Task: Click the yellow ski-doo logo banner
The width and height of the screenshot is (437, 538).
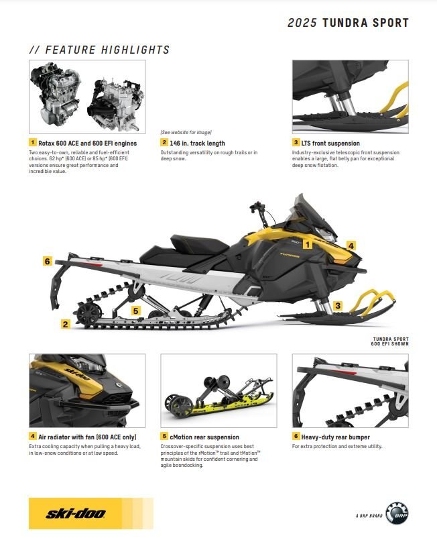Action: [91, 513]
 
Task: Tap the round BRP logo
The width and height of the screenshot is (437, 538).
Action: [397, 513]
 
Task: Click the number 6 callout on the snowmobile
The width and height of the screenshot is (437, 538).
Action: [48, 261]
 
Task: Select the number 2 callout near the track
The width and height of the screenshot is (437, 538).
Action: [65, 323]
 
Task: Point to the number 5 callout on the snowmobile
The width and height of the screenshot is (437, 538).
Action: [136, 311]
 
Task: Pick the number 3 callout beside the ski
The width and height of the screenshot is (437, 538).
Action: [338, 305]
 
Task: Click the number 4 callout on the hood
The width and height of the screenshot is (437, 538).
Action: [351, 246]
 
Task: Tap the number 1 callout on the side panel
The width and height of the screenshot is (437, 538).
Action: [308, 244]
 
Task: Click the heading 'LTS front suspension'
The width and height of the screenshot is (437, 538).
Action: [330, 143]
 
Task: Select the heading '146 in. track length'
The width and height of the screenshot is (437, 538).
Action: [198, 143]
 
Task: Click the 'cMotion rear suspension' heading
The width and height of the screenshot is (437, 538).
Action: [204, 437]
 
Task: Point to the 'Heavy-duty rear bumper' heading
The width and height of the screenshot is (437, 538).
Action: [335, 437]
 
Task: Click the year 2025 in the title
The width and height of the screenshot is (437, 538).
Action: [302, 23]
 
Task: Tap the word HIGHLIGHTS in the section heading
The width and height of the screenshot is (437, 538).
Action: [135, 50]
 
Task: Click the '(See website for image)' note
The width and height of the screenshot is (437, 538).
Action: [186, 132]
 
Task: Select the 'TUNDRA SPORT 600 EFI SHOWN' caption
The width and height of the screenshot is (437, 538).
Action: [389, 341]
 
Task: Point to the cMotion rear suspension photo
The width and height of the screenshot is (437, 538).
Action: [218, 391]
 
